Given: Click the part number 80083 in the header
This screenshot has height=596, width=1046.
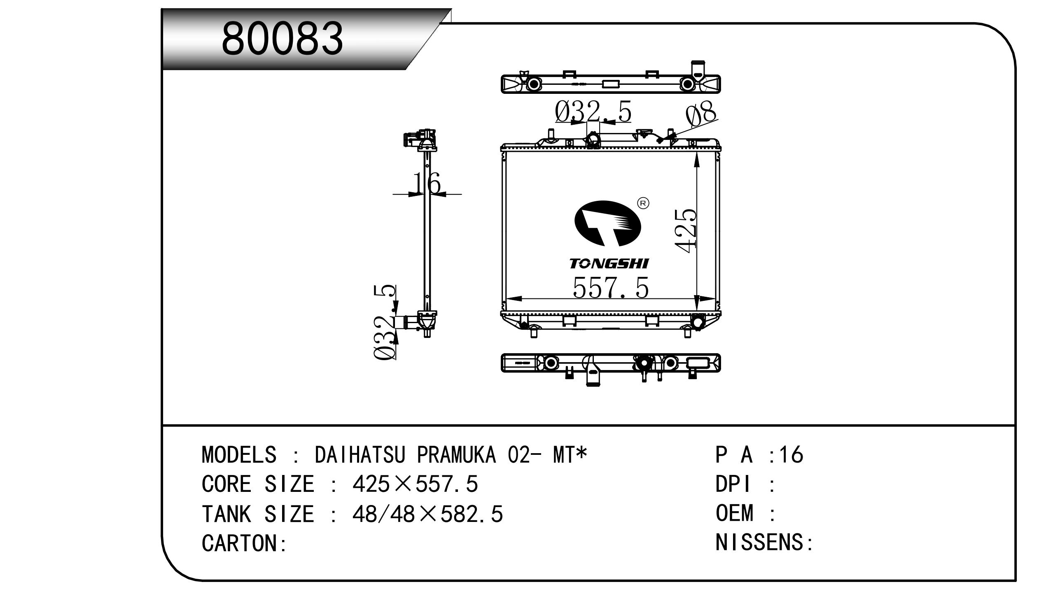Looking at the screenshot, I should click(x=282, y=39).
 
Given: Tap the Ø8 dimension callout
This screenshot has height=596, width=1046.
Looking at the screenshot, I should click(x=701, y=114).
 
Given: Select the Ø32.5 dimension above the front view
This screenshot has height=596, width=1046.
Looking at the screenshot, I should click(x=593, y=111).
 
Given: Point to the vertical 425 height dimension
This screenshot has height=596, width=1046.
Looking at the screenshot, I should click(x=686, y=230).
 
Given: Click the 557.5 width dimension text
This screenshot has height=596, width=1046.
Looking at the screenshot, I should click(x=610, y=288).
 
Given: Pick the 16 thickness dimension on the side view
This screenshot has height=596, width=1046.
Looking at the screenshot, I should click(x=427, y=184).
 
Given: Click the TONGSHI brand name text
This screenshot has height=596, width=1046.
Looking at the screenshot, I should click(x=609, y=264).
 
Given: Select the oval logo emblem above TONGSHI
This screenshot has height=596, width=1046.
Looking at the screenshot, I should click(x=608, y=223).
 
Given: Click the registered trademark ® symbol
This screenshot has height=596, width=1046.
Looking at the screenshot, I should click(x=643, y=203).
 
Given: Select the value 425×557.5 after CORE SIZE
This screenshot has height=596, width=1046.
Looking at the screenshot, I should click(x=415, y=484).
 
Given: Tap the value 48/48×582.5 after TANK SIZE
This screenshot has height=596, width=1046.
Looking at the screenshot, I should click(x=427, y=514).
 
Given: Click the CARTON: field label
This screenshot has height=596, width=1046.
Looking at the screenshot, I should click(x=244, y=543).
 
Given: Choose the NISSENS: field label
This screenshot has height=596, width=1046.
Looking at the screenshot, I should click(x=764, y=542).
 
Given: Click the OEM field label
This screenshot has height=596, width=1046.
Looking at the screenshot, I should click(x=734, y=514).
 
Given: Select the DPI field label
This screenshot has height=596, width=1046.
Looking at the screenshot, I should click(x=733, y=484).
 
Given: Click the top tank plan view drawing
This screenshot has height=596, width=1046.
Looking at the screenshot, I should click(x=610, y=84).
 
